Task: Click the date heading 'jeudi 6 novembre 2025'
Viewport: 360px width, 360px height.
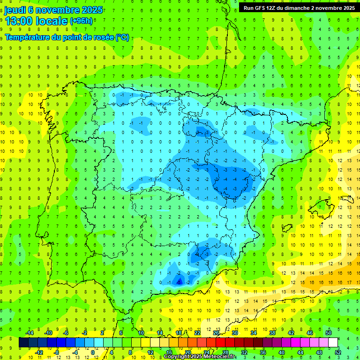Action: point(53,10)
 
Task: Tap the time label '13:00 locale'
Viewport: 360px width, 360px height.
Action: point(36,21)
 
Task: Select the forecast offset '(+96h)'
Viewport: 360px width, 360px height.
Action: point(81,21)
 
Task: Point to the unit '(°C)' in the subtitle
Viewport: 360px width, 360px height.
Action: point(122,37)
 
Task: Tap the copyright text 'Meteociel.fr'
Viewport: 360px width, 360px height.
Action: point(220,357)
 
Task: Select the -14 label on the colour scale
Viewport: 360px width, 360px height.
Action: point(29,333)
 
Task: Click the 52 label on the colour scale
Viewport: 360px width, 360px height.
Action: point(337,352)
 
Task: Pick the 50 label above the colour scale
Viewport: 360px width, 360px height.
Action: point(329,333)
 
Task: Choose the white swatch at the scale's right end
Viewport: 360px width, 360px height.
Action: point(333,343)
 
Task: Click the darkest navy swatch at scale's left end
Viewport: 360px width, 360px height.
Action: point(24,343)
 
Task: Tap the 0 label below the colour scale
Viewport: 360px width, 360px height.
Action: point(93,352)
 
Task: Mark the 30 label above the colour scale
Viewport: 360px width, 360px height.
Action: point(234,333)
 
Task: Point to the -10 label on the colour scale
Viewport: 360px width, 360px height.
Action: point(47,333)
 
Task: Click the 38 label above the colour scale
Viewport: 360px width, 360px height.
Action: point(272,333)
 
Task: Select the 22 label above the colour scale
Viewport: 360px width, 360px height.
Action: point(197,333)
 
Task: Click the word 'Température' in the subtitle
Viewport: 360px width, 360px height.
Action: point(26,37)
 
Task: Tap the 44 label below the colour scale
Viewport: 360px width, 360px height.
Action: point(300,352)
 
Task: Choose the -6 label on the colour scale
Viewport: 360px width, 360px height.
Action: point(66,333)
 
